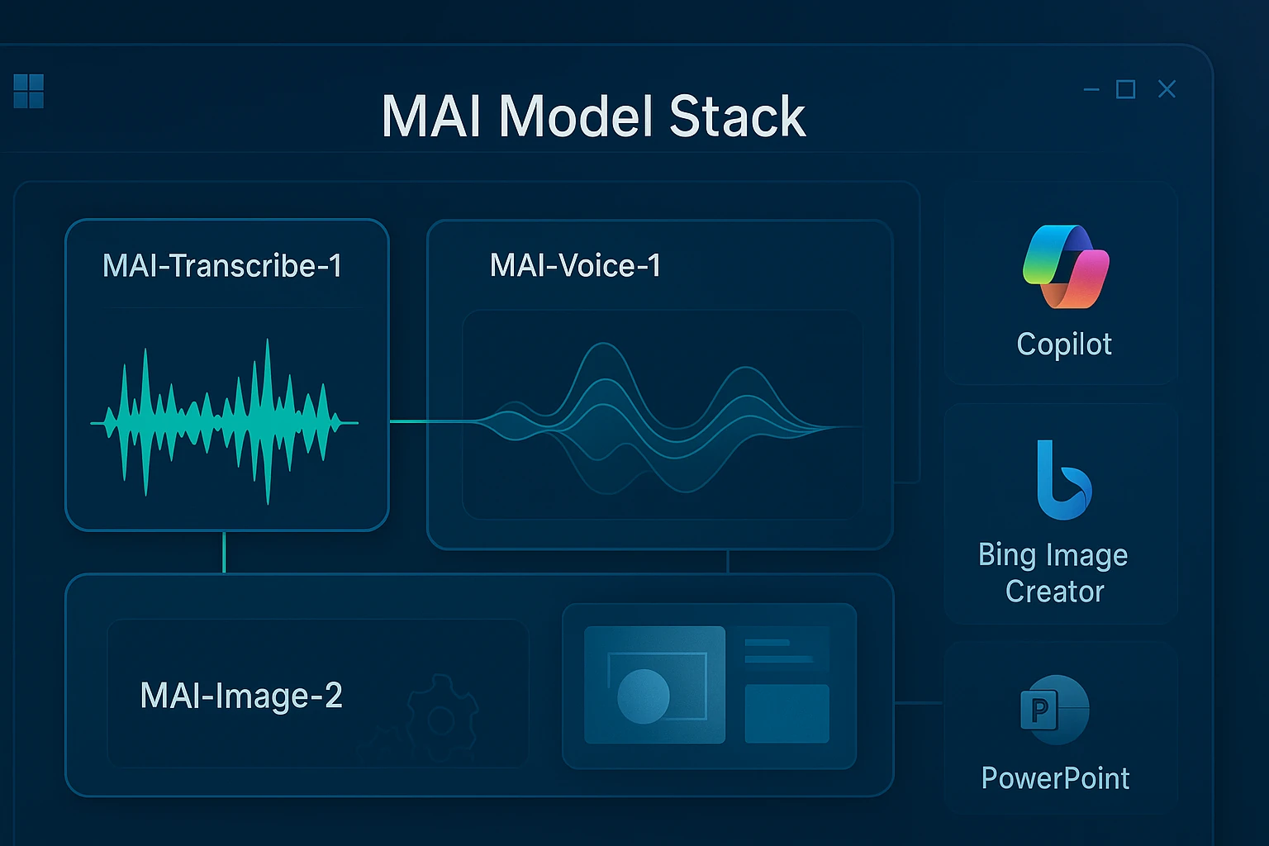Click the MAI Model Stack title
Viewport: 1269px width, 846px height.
click(593, 116)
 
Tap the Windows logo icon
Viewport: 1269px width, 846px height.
click(29, 91)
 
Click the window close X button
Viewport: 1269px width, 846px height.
click(1167, 89)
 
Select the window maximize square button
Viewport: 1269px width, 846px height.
click(1125, 89)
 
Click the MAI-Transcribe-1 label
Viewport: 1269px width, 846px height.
click(222, 266)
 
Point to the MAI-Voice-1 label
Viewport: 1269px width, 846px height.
click(575, 266)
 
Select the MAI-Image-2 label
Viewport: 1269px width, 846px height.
click(241, 696)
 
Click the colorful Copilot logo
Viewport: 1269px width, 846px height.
click(1065, 266)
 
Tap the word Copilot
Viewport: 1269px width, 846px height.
click(1064, 344)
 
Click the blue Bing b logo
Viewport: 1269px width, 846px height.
click(1062, 482)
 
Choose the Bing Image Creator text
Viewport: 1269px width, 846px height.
click(1053, 573)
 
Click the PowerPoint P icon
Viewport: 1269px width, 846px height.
click(1053, 710)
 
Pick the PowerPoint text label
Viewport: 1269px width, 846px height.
click(1055, 778)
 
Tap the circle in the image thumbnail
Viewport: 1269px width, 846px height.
click(644, 696)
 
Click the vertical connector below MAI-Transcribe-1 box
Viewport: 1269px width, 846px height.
click(224, 552)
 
